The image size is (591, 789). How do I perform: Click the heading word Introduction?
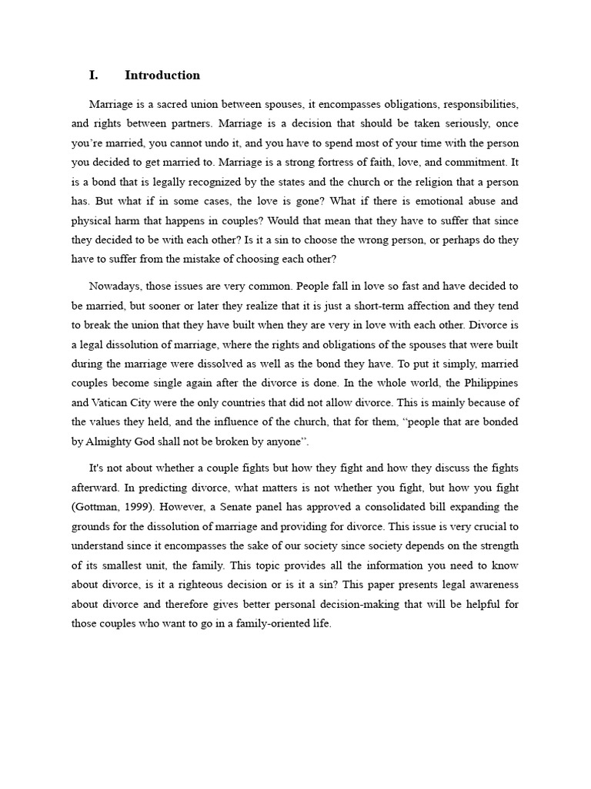click(x=162, y=76)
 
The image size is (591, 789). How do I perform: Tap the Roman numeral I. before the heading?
click(x=94, y=76)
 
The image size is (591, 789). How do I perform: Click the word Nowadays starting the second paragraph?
click(x=115, y=286)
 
